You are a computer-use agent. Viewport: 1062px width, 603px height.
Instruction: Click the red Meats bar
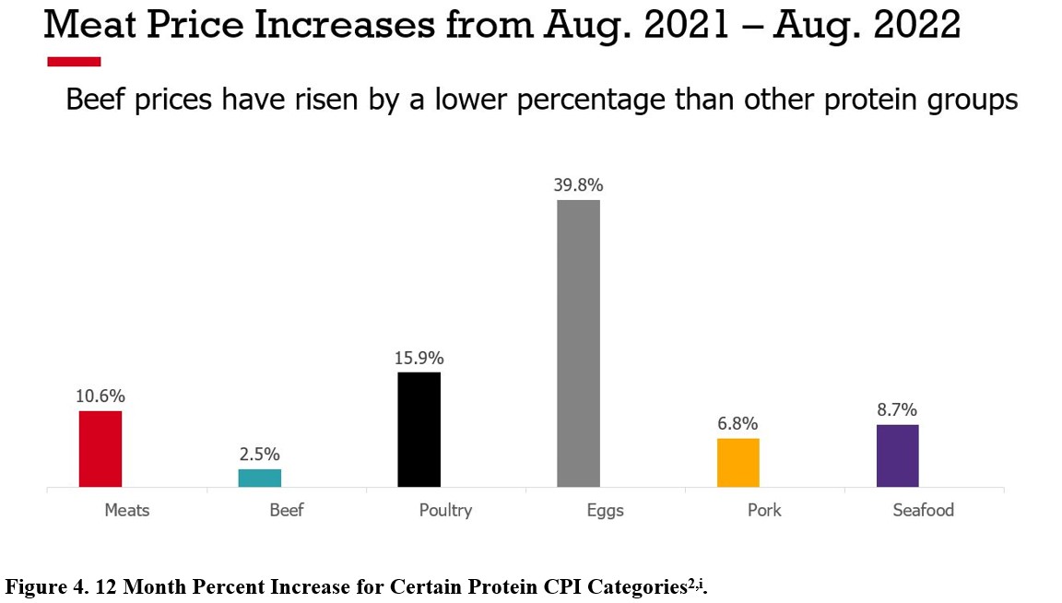tap(100, 449)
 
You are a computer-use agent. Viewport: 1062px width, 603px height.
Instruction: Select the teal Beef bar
tap(259, 478)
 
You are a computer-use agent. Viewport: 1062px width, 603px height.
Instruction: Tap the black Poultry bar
tap(419, 430)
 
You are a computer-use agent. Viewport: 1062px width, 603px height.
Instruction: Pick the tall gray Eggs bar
tap(578, 343)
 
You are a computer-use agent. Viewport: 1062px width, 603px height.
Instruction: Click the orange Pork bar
tap(737, 463)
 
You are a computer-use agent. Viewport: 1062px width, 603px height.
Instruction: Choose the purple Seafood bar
tap(897, 455)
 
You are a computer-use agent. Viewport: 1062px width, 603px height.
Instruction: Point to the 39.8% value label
tap(578, 185)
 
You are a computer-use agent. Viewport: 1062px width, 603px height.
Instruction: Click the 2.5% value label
tap(259, 455)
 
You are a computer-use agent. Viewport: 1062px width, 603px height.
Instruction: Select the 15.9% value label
tap(419, 358)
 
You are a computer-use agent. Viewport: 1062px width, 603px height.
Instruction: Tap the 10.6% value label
tap(100, 396)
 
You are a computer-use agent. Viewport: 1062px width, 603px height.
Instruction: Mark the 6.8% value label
tap(737, 424)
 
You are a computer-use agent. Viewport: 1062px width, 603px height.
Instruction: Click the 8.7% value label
tap(897, 410)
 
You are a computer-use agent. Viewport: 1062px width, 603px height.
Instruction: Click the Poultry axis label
tap(445, 510)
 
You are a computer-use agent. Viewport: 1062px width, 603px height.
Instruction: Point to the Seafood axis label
tap(923, 510)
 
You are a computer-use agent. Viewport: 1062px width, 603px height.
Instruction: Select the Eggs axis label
tap(605, 510)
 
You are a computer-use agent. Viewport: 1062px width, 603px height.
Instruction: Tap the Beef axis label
tap(286, 510)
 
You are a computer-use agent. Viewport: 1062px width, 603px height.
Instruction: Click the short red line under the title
tap(74, 62)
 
